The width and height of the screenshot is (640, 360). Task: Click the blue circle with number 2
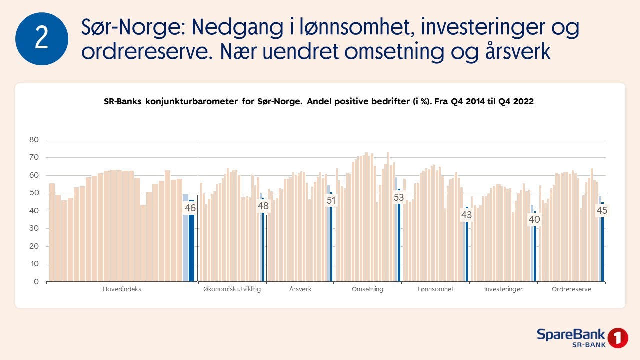[x=42, y=39]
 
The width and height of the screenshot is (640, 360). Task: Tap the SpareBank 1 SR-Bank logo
[x=582, y=338]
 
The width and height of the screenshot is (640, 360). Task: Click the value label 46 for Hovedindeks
[x=190, y=208]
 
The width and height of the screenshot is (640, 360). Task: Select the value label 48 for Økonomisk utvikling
[x=263, y=206]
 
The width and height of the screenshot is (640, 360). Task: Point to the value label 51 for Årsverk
[x=330, y=201]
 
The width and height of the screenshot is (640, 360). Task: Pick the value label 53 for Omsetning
[x=398, y=197]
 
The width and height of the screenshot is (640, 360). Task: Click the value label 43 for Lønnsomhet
[x=466, y=215]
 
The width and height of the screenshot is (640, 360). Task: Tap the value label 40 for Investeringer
[x=534, y=219]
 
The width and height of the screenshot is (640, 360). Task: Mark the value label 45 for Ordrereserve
[x=602, y=211]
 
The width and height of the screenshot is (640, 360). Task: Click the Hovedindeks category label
[x=122, y=289]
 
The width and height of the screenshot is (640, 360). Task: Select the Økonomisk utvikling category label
[x=232, y=289]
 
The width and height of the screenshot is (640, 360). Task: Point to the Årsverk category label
[x=300, y=289]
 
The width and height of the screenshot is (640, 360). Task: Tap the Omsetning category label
[x=367, y=289]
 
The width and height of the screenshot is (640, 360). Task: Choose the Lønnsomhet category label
[x=435, y=289]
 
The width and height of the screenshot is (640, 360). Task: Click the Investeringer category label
[x=503, y=289]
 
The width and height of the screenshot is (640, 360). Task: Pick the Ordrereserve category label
[x=571, y=289]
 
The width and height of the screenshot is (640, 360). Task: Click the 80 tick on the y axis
[x=34, y=140]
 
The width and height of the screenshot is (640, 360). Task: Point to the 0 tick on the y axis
[x=36, y=282]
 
